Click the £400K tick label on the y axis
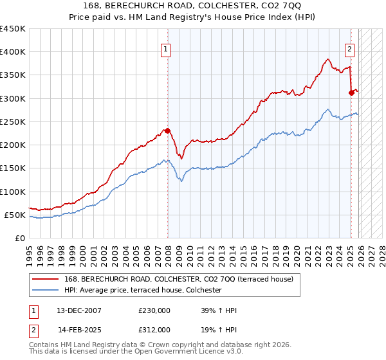(13, 52)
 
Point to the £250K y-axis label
(13, 122)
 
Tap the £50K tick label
(15, 215)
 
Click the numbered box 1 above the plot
(166, 48)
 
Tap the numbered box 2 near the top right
(350, 48)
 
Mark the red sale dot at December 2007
(168, 131)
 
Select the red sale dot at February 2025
(351, 93)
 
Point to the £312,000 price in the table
(154, 329)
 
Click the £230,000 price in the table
(154, 311)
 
